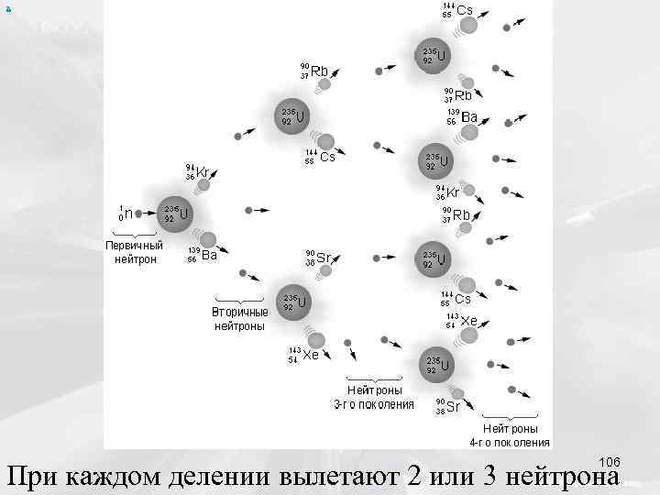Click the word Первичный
coord(134,246)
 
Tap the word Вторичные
coord(240,312)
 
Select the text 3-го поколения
coord(374,403)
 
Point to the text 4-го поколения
coord(511,442)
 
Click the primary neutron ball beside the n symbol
coord(138,214)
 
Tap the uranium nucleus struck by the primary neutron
coord(173,214)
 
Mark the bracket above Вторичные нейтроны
coord(239,300)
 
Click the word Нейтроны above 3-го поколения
coord(374,390)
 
